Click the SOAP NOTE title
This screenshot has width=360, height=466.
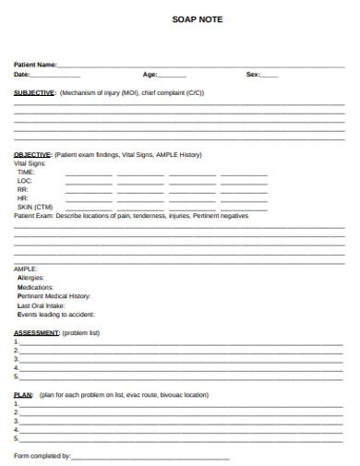click(x=198, y=18)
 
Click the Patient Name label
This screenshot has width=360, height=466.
click(x=35, y=65)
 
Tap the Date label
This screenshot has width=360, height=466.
click(x=22, y=74)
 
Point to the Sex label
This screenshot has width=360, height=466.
click(x=253, y=74)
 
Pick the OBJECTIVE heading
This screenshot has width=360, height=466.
click(x=33, y=154)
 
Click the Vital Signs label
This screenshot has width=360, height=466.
click(x=30, y=162)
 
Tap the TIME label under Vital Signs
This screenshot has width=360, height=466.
click(x=26, y=172)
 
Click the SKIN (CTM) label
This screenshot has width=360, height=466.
click(x=35, y=207)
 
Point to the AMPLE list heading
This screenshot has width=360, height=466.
click(x=25, y=269)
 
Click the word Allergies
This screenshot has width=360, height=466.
click(x=30, y=278)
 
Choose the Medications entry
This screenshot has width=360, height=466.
click(x=35, y=287)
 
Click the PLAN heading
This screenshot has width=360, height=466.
click(x=24, y=394)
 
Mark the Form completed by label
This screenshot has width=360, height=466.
click(x=42, y=456)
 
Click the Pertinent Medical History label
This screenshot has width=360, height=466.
click(x=54, y=295)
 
